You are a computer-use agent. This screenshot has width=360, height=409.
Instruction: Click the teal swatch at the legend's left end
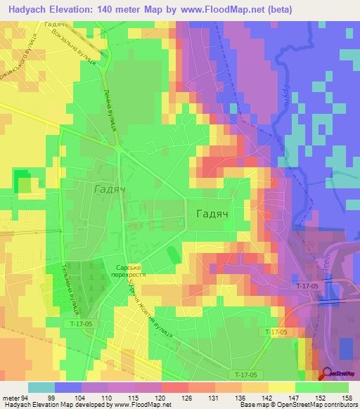pos(41,387)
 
